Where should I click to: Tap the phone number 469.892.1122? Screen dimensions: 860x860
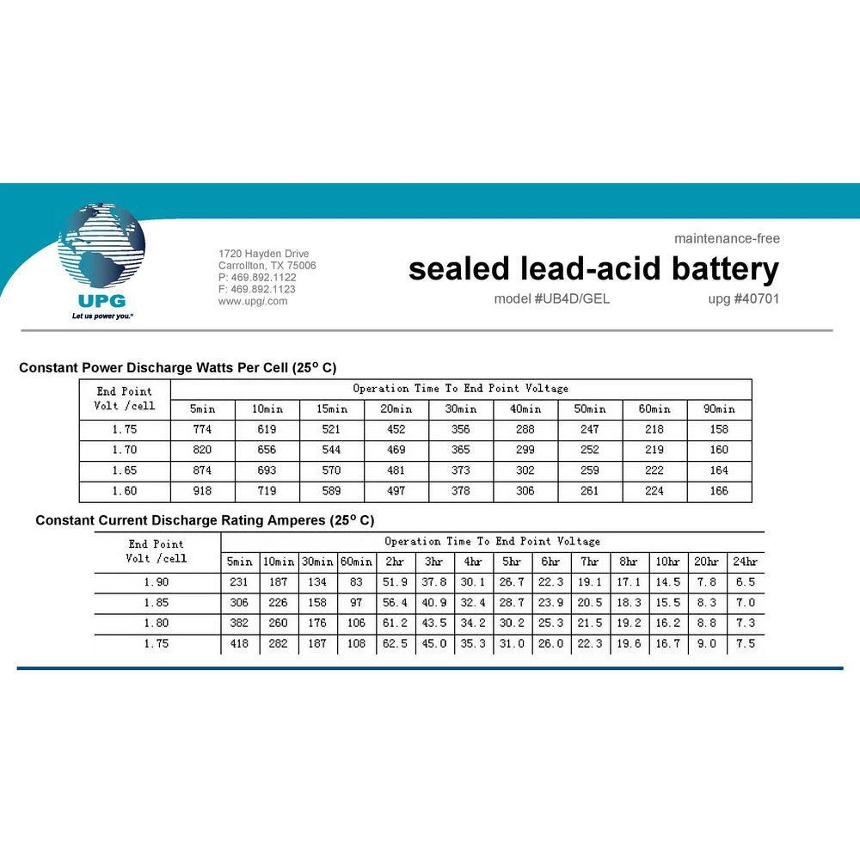coord(257,278)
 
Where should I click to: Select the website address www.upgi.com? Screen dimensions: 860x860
coord(253,301)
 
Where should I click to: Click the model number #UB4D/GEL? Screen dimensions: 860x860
coord(552,299)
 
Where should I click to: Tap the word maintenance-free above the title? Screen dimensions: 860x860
coord(727,238)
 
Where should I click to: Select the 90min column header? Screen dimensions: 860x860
coord(719,409)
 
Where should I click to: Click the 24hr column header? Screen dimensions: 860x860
coord(745,562)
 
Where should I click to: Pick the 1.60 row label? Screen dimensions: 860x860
coord(125,491)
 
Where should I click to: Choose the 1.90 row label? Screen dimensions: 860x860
coord(157,582)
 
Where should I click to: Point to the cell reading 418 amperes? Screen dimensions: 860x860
coord(240,643)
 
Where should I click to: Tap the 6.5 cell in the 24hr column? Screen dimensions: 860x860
coord(745,582)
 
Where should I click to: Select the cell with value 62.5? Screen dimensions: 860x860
coord(395,643)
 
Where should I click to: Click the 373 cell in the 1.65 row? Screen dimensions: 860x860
coord(461,470)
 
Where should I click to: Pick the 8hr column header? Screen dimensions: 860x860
coord(629,562)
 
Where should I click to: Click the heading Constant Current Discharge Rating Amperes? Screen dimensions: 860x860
coord(205,520)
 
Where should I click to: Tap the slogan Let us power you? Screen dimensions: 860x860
coord(102,316)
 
